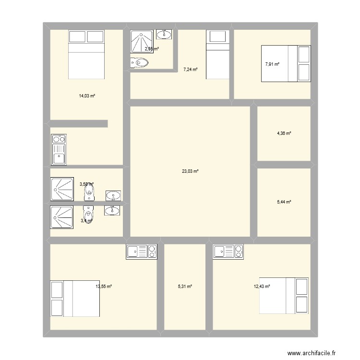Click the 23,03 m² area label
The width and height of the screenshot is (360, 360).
point(190,171)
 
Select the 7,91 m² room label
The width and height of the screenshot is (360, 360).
point(272,64)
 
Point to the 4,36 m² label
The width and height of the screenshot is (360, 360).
point(284,133)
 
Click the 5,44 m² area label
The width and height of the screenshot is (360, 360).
point(284,202)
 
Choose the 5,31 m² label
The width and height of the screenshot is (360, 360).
point(185,287)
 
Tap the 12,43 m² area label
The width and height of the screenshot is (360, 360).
point(262,287)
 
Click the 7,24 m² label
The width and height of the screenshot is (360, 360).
point(191,70)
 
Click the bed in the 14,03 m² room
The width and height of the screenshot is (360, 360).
point(86,54)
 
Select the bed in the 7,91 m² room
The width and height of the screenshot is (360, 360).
point(285,63)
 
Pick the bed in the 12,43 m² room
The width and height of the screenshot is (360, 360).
point(283,296)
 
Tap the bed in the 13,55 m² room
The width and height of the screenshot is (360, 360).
point(75,299)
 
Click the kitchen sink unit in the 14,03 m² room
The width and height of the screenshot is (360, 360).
point(59,149)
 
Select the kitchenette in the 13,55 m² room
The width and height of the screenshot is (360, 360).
point(142,252)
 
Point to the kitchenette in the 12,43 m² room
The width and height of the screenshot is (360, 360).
point(228,252)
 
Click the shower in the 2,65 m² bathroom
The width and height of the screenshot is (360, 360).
point(142,41)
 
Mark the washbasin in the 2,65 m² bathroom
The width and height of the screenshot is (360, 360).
point(165,34)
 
